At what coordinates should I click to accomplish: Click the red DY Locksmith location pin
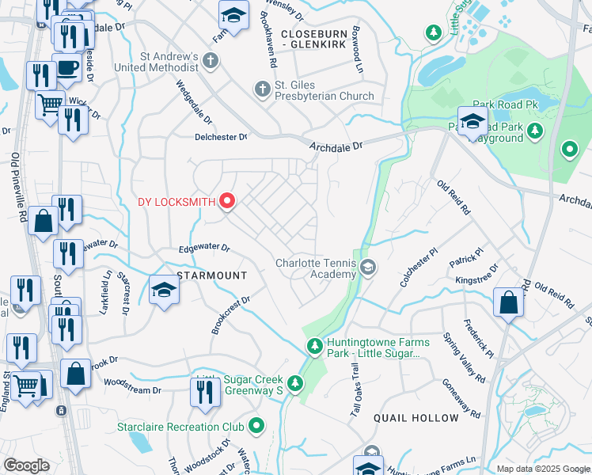[227, 201]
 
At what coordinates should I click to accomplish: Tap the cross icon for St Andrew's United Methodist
[210, 60]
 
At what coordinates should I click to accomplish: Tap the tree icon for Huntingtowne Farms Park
[314, 347]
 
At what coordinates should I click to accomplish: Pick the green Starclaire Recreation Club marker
[256, 427]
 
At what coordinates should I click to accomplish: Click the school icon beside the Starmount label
[165, 289]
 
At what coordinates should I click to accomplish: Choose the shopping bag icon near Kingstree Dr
[507, 302]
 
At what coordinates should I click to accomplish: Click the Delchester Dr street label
[221, 137]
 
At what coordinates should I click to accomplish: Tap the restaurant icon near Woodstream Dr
[205, 392]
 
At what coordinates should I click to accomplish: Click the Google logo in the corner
[26, 465]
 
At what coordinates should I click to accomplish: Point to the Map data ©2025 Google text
[542, 469]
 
